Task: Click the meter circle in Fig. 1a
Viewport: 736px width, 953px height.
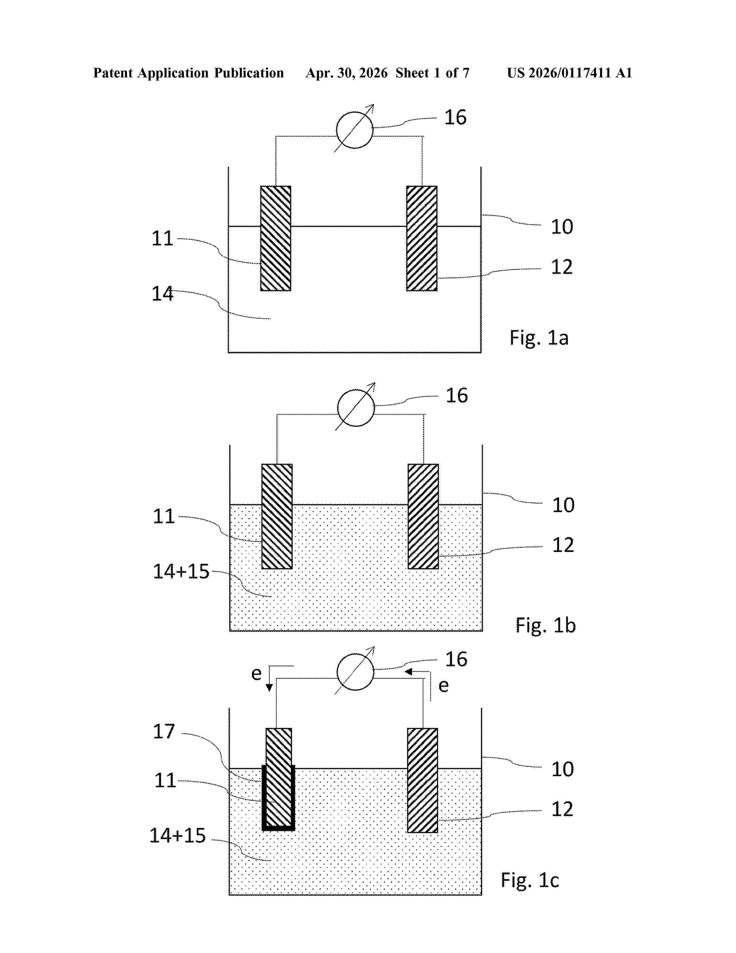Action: (x=354, y=112)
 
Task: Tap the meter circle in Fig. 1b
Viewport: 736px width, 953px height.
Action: (x=356, y=390)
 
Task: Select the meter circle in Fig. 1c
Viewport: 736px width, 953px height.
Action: (x=355, y=654)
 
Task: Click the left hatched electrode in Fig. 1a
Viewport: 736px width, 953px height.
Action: (x=276, y=238)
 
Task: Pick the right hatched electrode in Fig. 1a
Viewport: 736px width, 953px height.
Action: (x=422, y=238)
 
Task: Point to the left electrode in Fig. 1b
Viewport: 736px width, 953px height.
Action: (x=277, y=516)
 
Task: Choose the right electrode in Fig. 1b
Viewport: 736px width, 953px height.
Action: (x=423, y=516)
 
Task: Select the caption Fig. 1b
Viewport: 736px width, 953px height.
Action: (x=546, y=625)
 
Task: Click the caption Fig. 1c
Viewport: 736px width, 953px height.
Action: (x=530, y=880)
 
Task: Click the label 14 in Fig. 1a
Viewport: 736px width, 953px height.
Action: (x=162, y=294)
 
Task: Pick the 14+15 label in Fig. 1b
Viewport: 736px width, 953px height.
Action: (x=181, y=571)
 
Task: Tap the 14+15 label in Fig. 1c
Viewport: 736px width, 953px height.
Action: (x=178, y=835)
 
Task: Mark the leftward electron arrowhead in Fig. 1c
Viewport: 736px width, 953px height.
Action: (x=408, y=671)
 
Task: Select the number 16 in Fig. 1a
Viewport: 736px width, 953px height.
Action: (x=455, y=117)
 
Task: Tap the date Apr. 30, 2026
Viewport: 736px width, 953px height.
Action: (x=347, y=73)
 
